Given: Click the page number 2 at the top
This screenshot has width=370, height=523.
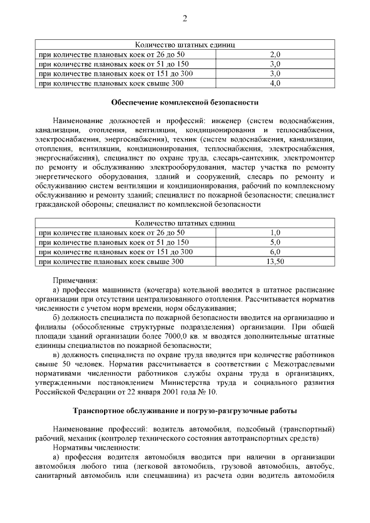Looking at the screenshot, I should tap(185, 18).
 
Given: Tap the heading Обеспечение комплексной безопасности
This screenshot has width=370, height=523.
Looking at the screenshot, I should tap(184, 103).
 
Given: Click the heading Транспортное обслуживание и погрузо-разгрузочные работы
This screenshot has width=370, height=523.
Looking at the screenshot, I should tap(184, 411).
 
